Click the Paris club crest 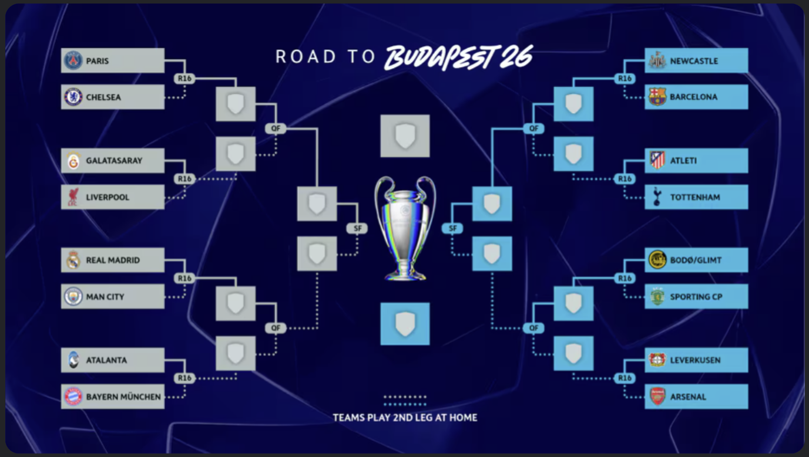tap(73, 60)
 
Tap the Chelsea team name tap(103, 97)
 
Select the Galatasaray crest tap(73, 161)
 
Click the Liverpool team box tap(112, 197)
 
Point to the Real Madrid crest tap(73, 260)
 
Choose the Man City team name tap(105, 297)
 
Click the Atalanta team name tap(106, 360)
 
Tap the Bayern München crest tap(73, 397)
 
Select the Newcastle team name tap(694, 61)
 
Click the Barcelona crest tap(657, 97)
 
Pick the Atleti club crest tap(657, 160)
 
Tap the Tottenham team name tap(695, 197)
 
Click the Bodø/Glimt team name tap(696, 260)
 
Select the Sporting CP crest tap(657, 297)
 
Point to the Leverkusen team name tap(695, 360)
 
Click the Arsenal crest tap(657, 397)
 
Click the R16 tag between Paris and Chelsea tap(185, 79)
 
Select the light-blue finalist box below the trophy tap(405, 324)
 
